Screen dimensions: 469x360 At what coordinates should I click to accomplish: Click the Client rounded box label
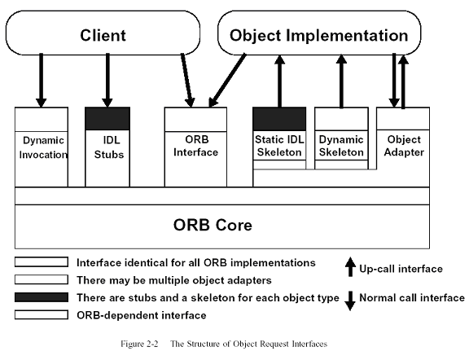pyautogui.click(x=103, y=35)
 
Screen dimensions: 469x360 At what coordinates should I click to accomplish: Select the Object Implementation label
pyautogui.click(x=319, y=35)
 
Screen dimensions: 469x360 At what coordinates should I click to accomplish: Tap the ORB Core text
pyautogui.click(x=213, y=225)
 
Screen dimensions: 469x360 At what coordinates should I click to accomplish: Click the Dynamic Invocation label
pyautogui.click(x=43, y=147)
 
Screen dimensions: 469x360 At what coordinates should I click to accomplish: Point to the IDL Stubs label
pyautogui.click(x=109, y=147)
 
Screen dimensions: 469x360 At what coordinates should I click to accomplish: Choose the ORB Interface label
pyautogui.click(x=195, y=146)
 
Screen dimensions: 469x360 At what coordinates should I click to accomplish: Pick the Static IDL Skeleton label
pyautogui.click(x=279, y=146)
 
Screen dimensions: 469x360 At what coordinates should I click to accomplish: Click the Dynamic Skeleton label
pyautogui.click(x=341, y=146)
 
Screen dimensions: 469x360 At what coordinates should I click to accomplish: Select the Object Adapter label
pyautogui.click(x=404, y=146)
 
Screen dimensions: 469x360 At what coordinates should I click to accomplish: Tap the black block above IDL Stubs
pyautogui.click(x=107, y=118)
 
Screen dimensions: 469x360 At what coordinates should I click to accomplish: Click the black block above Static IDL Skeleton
pyautogui.click(x=279, y=119)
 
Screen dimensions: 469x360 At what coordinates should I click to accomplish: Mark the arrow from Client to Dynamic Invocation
pyautogui.click(x=41, y=80)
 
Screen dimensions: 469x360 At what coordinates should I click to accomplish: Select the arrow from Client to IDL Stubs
pyautogui.click(x=107, y=80)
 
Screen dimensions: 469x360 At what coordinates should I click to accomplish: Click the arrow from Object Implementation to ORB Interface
pyautogui.click(x=227, y=80)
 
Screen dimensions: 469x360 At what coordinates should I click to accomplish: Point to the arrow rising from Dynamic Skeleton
pyautogui.click(x=341, y=81)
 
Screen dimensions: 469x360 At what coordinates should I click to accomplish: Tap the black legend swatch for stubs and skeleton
pyautogui.click(x=42, y=297)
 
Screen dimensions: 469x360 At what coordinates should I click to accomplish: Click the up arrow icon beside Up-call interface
pyautogui.click(x=350, y=266)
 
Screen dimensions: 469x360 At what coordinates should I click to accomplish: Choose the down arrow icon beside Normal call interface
pyautogui.click(x=350, y=301)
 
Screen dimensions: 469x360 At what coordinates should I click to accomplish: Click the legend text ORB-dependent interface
pyautogui.click(x=142, y=315)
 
